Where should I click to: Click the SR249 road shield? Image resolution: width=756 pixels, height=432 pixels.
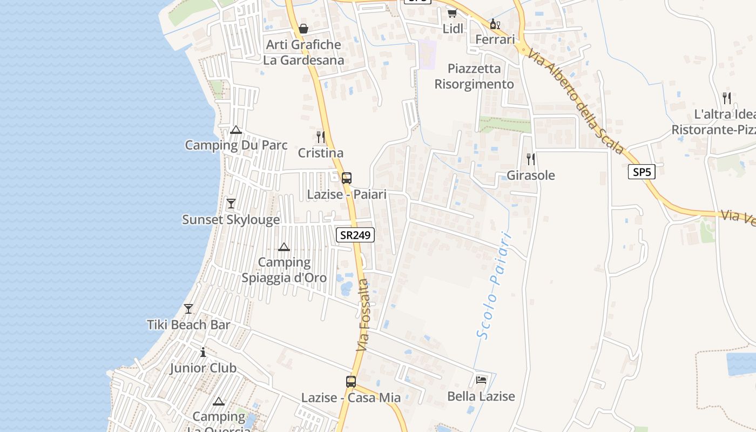click(355, 235)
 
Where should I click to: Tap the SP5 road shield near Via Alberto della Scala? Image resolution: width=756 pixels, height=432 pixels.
click(642, 172)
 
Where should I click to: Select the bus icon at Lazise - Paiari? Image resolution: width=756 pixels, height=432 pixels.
click(347, 178)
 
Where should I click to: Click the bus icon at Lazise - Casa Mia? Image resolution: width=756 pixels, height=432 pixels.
click(351, 381)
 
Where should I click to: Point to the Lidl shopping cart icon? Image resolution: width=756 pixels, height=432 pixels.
click(452, 13)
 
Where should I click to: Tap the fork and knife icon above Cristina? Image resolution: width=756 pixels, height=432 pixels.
click(321, 137)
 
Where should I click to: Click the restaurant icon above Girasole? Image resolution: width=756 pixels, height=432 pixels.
click(531, 159)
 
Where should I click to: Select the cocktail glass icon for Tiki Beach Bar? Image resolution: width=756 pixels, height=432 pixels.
click(188, 308)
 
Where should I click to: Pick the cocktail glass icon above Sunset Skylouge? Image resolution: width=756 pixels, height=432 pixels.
click(231, 203)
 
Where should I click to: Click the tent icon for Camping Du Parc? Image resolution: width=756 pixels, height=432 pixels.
click(235, 130)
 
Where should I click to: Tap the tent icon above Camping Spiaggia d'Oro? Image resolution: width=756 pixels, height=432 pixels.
click(284, 247)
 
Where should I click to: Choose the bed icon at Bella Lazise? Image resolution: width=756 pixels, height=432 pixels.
click(481, 380)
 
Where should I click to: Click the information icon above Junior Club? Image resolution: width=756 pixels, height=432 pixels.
click(203, 352)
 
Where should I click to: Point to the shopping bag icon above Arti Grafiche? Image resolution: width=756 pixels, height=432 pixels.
click(303, 28)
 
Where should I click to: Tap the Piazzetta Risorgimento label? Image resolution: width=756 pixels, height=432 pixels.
click(474, 77)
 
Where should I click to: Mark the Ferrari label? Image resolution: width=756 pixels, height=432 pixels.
click(495, 39)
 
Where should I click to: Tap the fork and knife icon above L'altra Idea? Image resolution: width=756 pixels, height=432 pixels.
click(727, 98)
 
